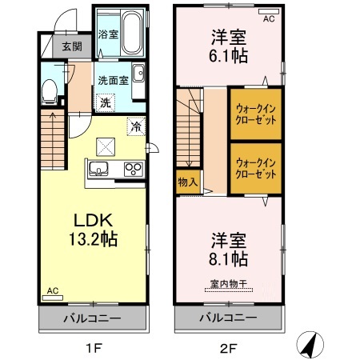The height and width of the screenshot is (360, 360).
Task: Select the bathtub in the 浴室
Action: [129, 33]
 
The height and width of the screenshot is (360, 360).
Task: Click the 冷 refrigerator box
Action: [136, 126]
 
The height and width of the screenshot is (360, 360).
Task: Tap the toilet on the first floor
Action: [50, 90]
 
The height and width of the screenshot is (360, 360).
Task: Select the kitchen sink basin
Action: [99, 169]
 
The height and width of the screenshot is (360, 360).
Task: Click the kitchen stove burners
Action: [132, 169]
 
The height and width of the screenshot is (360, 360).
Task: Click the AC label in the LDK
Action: [53, 291]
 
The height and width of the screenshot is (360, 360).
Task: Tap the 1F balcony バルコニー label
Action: [93, 318]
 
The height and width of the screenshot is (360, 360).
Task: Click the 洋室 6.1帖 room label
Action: [229, 46]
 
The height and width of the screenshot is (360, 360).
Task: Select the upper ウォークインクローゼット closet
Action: [257, 114]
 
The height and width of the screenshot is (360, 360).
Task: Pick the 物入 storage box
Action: [188, 182]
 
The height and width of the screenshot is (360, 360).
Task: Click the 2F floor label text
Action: [229, 347]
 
